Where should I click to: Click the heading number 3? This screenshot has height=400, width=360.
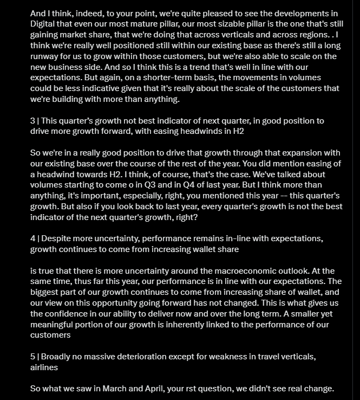[32, 120]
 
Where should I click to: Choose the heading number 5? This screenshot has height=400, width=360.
[32, 356]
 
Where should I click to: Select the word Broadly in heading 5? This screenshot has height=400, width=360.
[57, 356]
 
